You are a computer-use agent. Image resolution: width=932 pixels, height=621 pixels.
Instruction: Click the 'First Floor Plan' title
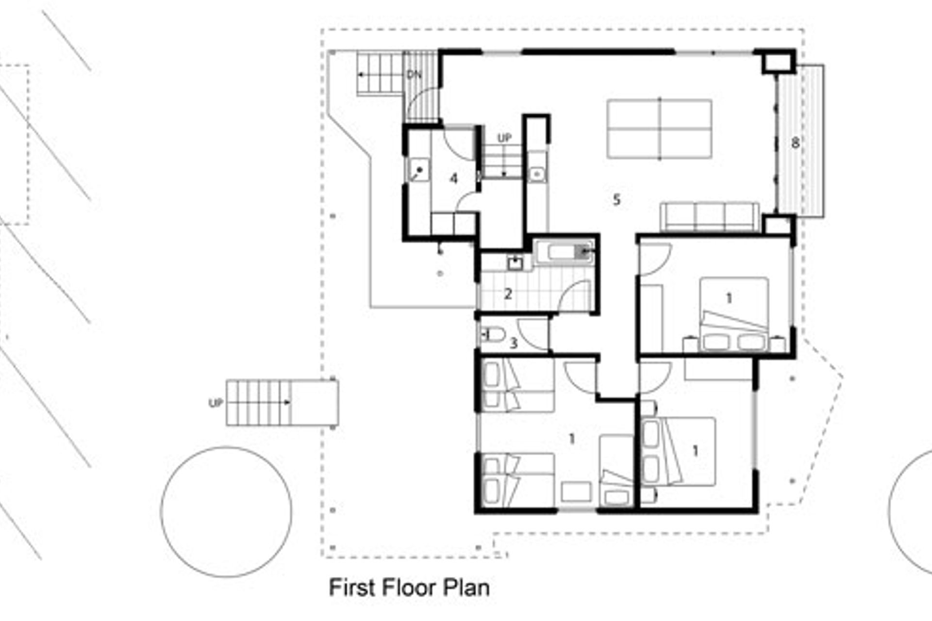pos(409,588)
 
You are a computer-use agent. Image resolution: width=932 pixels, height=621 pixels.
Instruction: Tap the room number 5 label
pos(616,199)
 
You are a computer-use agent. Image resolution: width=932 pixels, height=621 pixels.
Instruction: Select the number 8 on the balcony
pos(795,143)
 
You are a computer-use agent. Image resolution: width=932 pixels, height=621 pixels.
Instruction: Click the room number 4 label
pos(453,179)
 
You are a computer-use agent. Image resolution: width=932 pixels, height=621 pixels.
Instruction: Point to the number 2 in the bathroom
pos(508,294)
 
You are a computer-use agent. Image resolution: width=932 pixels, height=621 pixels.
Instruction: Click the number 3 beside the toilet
pos(514,343)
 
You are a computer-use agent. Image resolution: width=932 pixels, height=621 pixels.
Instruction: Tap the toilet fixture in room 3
pos(492,334)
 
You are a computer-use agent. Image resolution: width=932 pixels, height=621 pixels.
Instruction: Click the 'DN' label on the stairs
pos(414,75)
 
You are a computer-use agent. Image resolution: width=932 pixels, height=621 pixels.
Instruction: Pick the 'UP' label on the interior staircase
pos(504,138)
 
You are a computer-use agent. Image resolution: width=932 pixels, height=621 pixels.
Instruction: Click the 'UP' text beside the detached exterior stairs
pos(216,403)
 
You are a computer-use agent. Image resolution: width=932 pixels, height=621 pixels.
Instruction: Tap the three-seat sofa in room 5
pos(710,216)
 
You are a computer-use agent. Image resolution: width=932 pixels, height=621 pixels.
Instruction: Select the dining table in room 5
pos(659,129)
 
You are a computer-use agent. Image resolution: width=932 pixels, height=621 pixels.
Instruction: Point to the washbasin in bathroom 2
pos(515,263)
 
